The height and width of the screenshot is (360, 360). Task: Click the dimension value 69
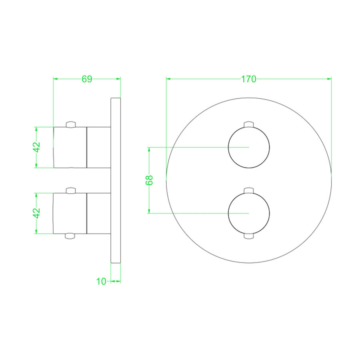(87, 79)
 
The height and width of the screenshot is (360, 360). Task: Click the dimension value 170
(248, 79)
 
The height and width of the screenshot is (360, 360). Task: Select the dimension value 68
(150, 180)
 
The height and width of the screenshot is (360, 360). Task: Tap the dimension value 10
(101, 281)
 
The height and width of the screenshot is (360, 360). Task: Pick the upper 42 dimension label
(37, 147)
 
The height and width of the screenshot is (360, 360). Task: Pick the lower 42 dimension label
(37, 213)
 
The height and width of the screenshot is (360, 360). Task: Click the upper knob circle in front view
(249, 148)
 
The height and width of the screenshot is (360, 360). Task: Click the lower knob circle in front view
(249, 213)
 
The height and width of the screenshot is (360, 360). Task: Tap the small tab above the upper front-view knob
(249, 124)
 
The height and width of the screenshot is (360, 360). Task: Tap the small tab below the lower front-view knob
(249, 236)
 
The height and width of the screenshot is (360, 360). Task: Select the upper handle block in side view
(70, 147)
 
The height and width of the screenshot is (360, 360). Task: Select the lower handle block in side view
(70, 213)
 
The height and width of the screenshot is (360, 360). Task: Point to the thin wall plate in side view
(115, 180)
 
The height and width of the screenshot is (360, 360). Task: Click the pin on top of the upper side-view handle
(70, 124)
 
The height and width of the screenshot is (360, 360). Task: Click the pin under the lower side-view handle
(70, 236)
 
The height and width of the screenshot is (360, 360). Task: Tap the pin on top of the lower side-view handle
(70, 190)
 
